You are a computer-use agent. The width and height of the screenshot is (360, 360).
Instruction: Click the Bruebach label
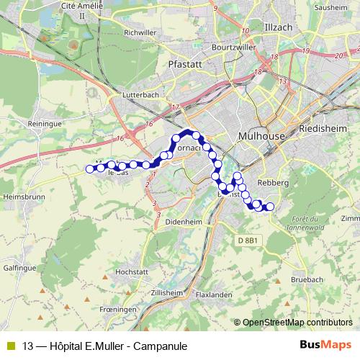tap(308, 279)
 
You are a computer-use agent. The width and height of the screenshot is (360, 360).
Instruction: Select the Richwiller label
tap(141, 32)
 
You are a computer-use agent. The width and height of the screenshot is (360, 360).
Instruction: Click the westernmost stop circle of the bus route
tap(90, 169)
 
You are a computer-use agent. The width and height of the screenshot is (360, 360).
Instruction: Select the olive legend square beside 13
tap(11, 346)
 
